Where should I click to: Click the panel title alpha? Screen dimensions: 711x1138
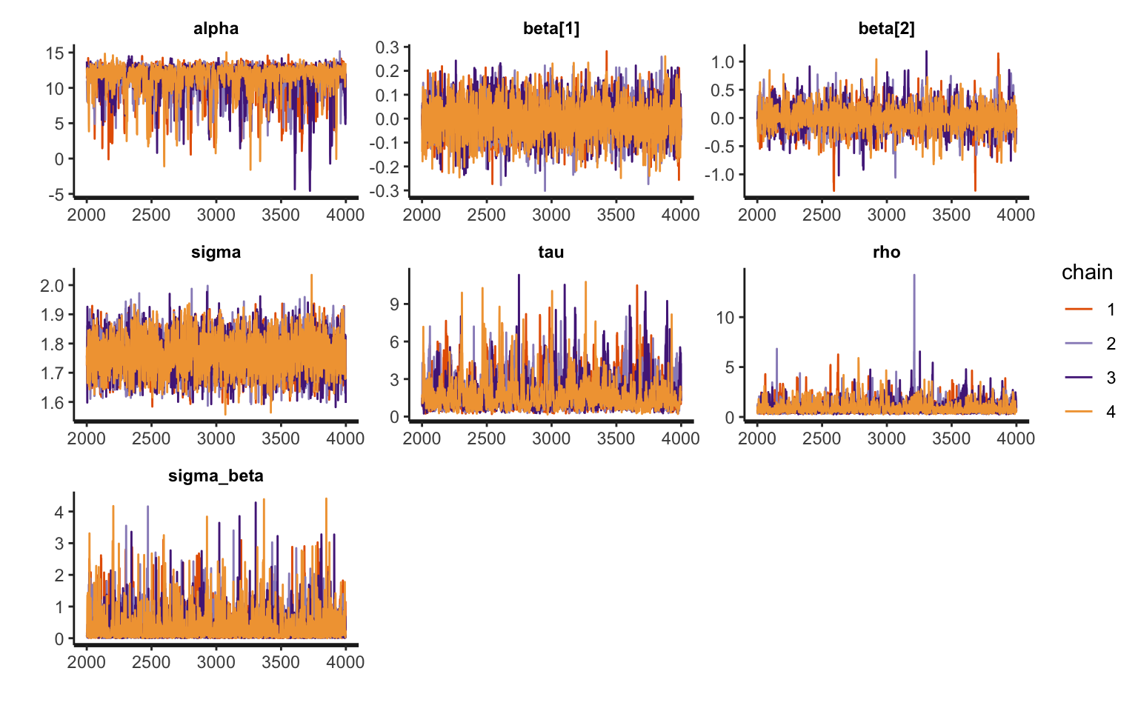[x=216, y=29]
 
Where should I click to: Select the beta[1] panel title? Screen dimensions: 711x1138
[x=550, y=29]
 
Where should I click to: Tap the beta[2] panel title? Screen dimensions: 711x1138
[x=886, y=29]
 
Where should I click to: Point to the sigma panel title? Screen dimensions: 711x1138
[x=216, y=253]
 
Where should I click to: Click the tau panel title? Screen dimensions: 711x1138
[x=550, y=253]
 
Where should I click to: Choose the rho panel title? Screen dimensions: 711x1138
[x=886, y=253]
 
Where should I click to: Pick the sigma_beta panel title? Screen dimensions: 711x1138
[x=216, y=476]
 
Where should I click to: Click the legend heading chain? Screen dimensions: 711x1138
[x=1087, y=273]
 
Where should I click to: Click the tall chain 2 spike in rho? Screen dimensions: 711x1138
[x=914, y=276]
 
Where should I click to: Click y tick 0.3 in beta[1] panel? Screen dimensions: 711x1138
[x=387, y=47]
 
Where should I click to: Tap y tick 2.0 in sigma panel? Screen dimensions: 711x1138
[x=52, y=286]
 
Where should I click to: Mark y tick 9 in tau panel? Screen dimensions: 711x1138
[x=394, y=304]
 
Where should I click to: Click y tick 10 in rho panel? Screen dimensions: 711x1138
[x=725, y=318]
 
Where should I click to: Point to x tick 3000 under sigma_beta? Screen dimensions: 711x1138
[x=216, y=662]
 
